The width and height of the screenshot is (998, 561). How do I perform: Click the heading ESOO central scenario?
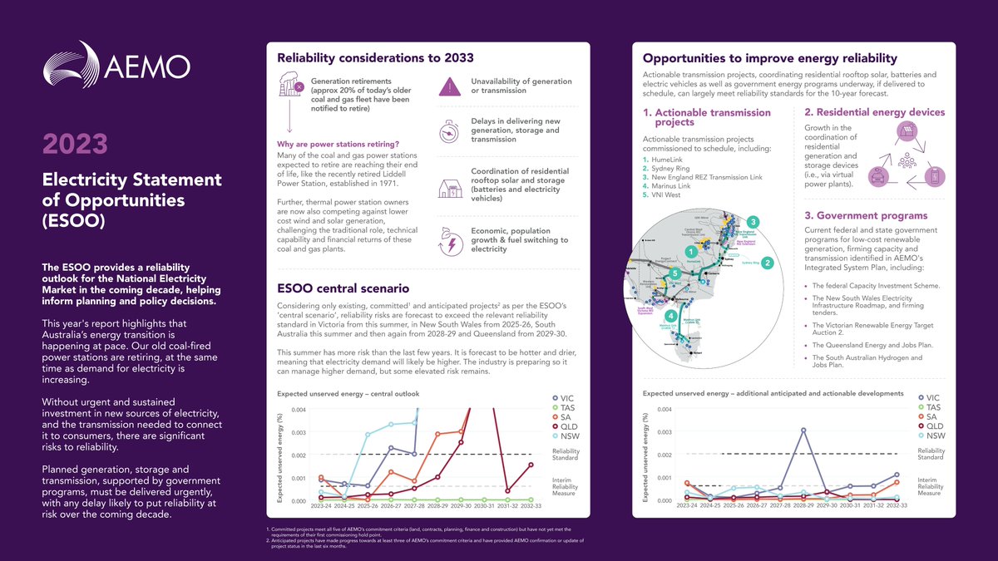pyautogui.click(x=343, y=288)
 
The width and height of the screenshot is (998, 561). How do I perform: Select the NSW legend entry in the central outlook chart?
pyautogui.click(x=570, y=436)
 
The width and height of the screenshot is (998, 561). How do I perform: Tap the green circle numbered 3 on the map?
pyautogui.click(x=753, y=222)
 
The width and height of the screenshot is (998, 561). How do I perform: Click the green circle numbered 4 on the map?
pyautogui.click(x=671, y=315)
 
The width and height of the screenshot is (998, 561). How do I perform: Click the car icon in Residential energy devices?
pyautogui.click(x=877, y=176)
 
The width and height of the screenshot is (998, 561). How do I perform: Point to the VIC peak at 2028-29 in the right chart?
pyautogui.click(x=803, y=430)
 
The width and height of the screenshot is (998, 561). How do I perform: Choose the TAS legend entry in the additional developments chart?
pyautogui.click(x=932, y=409)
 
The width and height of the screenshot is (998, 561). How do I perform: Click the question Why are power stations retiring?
pyautogui.click(x=339, y=145)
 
